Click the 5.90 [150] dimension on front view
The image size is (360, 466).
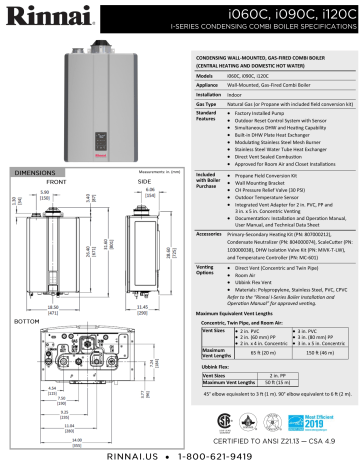tap(45, 168)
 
